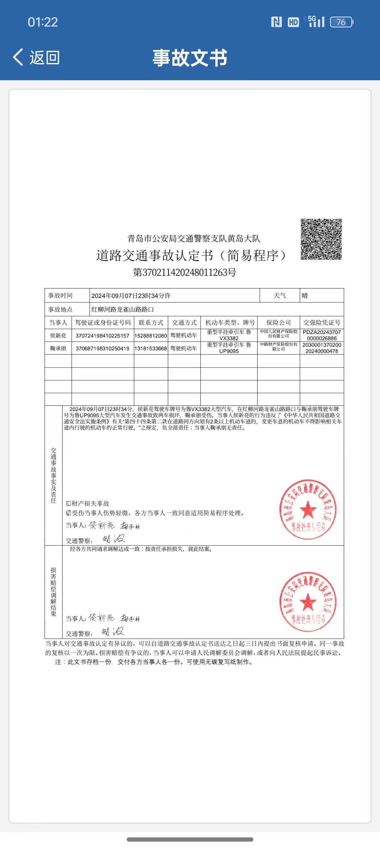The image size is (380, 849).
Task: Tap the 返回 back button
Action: point(36,57)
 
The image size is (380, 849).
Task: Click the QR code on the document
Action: point(321,239)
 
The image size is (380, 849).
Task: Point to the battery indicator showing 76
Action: point(341,22)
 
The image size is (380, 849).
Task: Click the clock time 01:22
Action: point(43,22)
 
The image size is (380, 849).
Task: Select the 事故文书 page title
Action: point(190,58)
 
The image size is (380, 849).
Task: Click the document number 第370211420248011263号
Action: point(184,272)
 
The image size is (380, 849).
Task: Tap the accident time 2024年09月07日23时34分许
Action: point(131,296)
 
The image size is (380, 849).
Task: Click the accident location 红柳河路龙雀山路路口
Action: point(122,309)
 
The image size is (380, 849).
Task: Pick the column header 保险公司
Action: point(278,322)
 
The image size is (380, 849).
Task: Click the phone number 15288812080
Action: point(151,336)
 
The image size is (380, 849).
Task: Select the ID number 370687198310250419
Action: point(102,348)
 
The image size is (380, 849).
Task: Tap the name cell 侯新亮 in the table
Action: point(58,336)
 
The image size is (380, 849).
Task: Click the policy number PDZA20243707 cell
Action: point(322,335)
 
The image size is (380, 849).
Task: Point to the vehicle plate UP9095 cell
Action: point(229,348)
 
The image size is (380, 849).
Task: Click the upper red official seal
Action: point(308,509)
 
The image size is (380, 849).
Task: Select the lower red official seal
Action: point(308,601)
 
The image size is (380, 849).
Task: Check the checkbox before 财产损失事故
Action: point(68,504)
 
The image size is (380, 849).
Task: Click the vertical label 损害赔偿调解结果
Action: point(53,592)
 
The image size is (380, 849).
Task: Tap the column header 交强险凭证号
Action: point(322,322)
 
